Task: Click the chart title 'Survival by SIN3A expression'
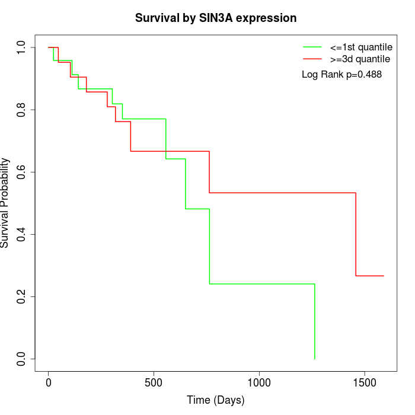216,18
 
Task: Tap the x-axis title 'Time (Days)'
216,400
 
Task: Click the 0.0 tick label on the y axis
22,359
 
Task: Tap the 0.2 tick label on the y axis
22,296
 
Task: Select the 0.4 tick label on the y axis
22,234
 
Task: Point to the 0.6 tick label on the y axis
22,172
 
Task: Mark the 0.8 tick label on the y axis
22,110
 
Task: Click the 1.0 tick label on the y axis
22,47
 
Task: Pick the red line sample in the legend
312,59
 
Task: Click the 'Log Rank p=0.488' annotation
341,75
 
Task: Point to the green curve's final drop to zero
314,323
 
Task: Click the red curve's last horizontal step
369,276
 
